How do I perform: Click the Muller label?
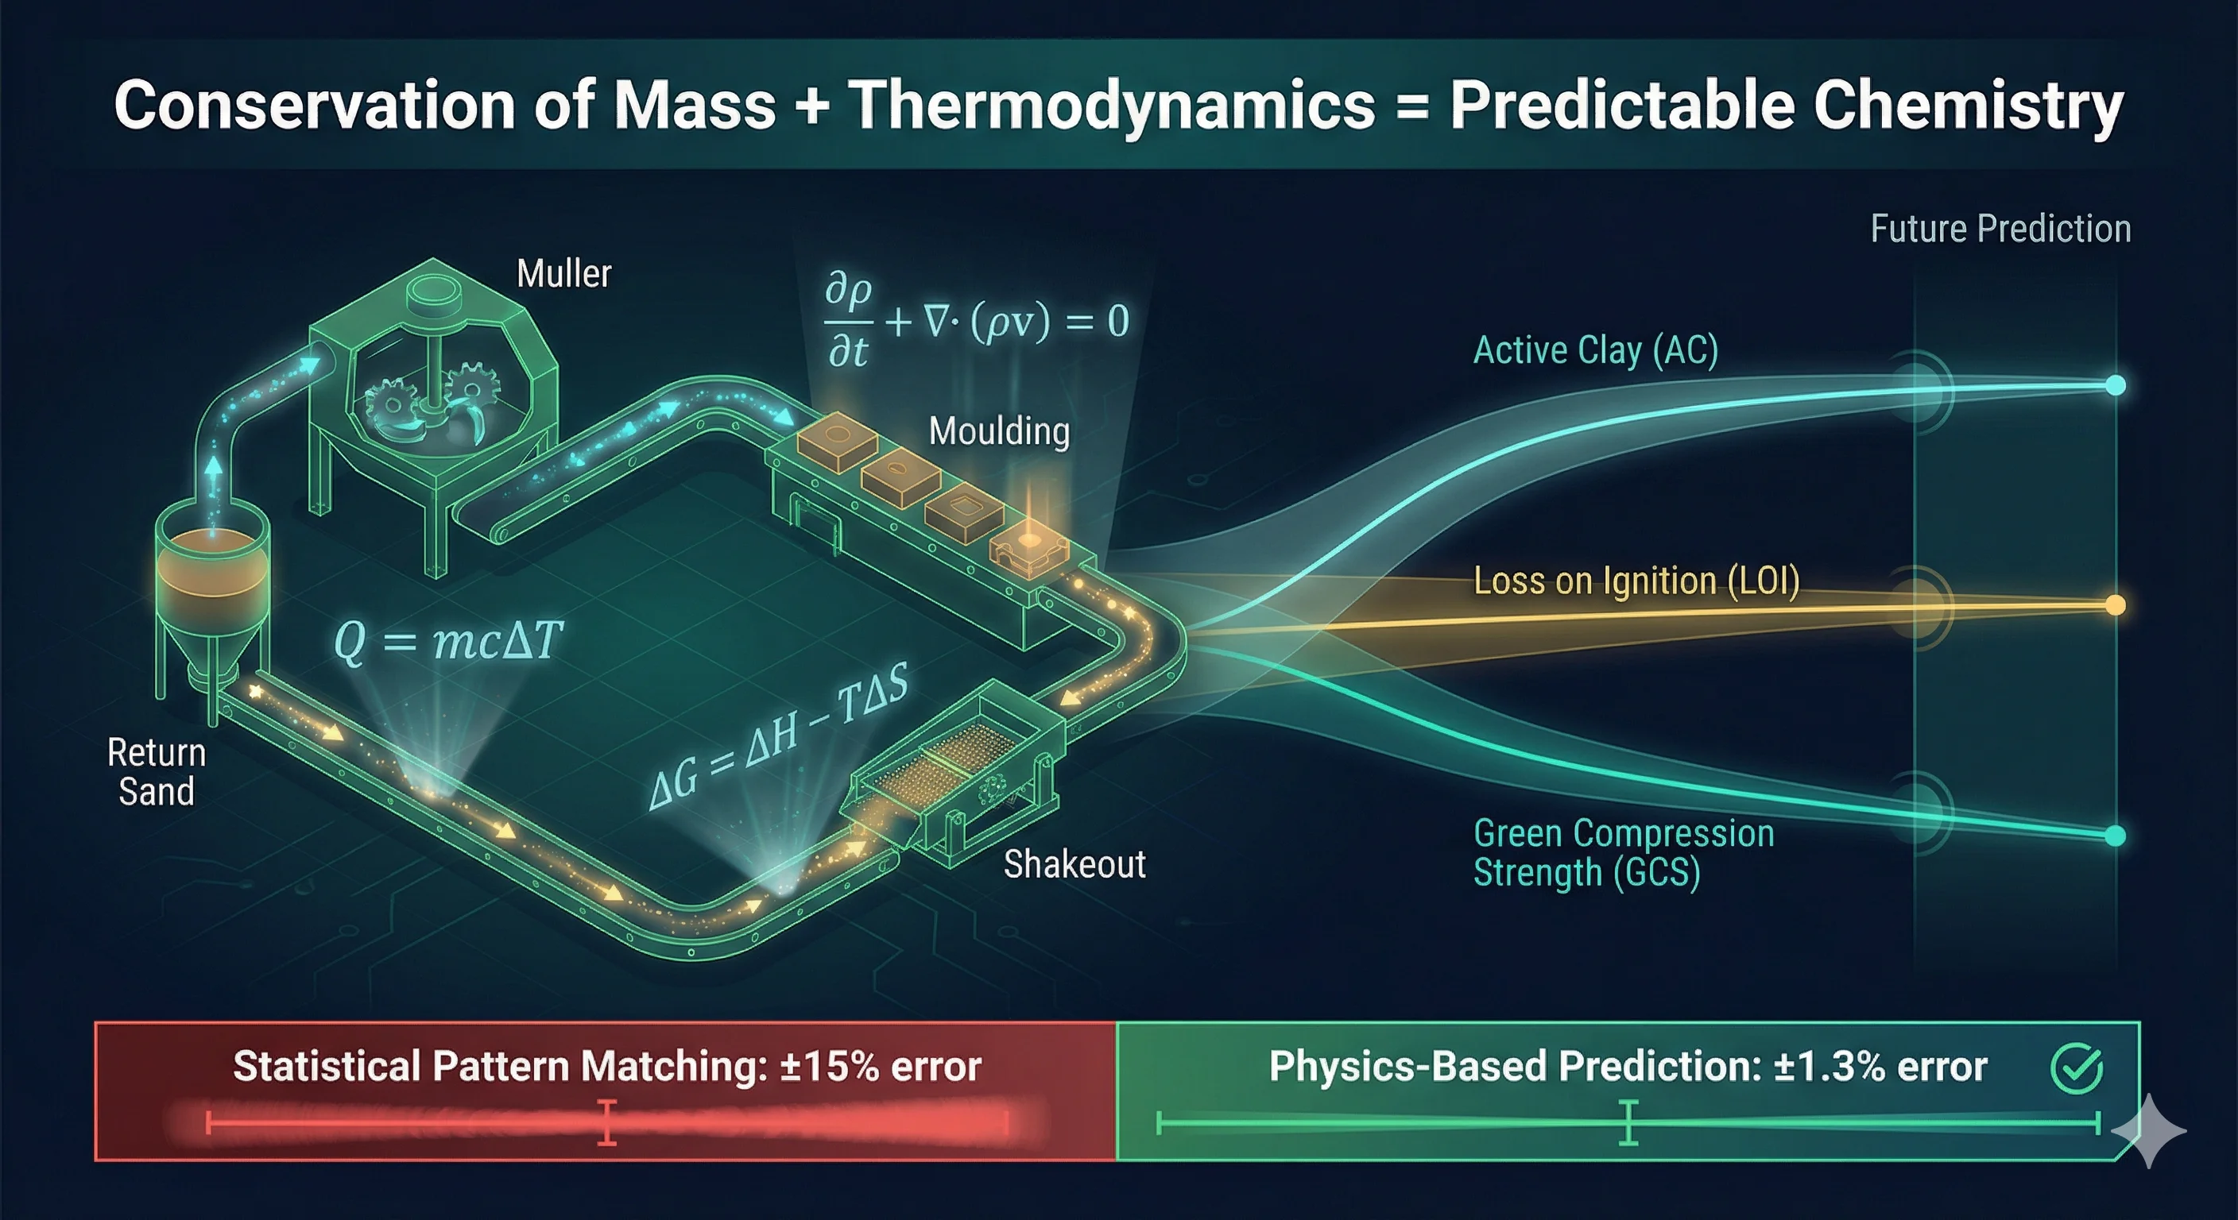tap(563, 274)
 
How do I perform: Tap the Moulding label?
tap(999, 431)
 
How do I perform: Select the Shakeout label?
tap(1074, 865)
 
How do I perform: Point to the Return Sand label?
tap(157, 772)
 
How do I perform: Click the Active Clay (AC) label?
tap(1595, 351)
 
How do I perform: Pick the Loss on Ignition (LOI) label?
tap(1636, 581)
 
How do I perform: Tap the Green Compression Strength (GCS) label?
tap(1623, 853)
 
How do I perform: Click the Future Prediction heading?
tap(2000, 230)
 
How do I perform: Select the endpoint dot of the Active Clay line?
tap(2116, 384)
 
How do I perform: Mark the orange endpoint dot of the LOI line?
tap(2116, 604)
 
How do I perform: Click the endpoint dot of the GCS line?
tap(2116, 836)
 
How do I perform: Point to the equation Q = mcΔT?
tap(448, 642)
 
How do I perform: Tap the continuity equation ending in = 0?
tap(976, 321)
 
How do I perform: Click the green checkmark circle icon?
tap(2077, 1068)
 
